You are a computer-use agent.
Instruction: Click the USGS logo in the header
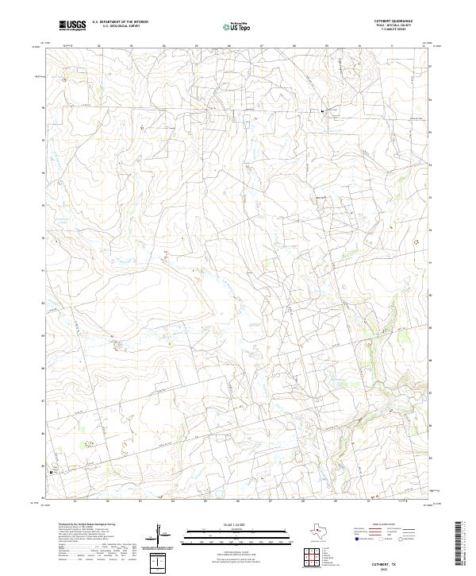73,26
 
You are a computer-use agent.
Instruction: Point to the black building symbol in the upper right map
322,112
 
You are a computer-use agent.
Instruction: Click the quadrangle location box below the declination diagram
160,562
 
